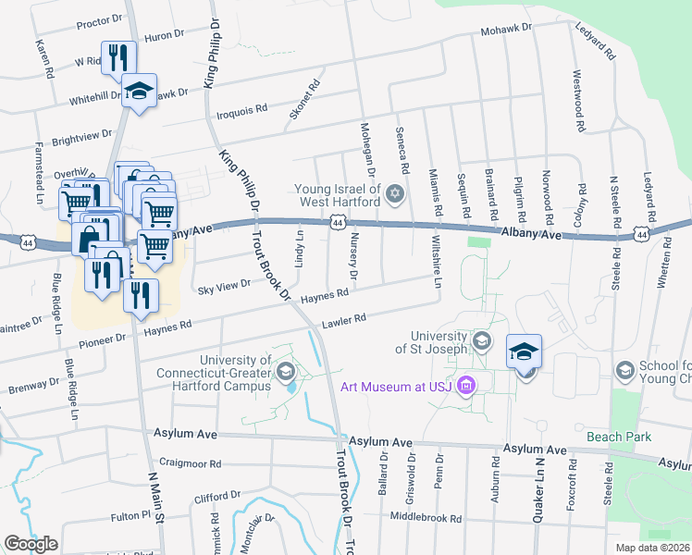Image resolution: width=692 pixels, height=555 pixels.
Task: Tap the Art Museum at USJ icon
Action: pyautogui.click(x=467, y=385)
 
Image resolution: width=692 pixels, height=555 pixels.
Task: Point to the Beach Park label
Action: pyautogui.click(x=618, y=437)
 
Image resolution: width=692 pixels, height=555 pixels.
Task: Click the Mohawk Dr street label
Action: pyautogui.click(x=505, y=29)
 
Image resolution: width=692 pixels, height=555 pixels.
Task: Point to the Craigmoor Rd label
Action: pyautogui.click(x=190, y=463)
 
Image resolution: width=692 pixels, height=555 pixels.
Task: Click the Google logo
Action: pyautogui.click(x=31, y=543)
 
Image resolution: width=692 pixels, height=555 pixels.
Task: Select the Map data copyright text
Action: pyautogui.click(x=649, y=548)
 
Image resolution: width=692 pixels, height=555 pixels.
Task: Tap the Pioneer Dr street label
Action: pyautogui.click(x=104, y=339)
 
